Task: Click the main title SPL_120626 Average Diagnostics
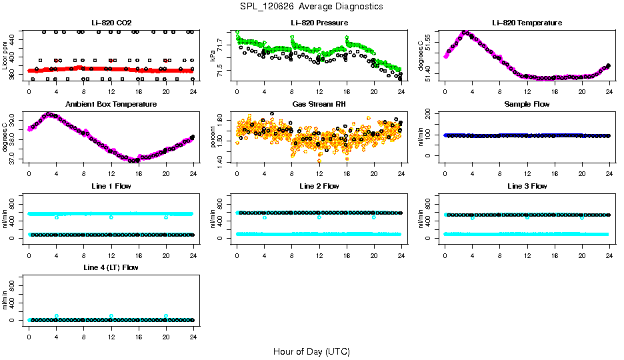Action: pos(312,7)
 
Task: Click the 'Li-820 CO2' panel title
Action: pos(111,23)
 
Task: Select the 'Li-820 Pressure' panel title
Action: pos(319,23)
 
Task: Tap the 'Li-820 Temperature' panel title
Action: pos(527,23)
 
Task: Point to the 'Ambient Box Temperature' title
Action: pos(111,105)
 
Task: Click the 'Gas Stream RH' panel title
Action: pos(319,105)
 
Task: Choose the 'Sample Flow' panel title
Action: pos(527,105)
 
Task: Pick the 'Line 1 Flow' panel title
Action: pos(111,186)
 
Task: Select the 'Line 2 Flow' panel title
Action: pos(319,186)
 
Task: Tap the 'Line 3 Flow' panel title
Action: pos(527,186)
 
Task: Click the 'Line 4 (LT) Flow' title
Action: pos(111,267)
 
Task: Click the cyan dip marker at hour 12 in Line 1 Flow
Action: pos(111,217)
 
